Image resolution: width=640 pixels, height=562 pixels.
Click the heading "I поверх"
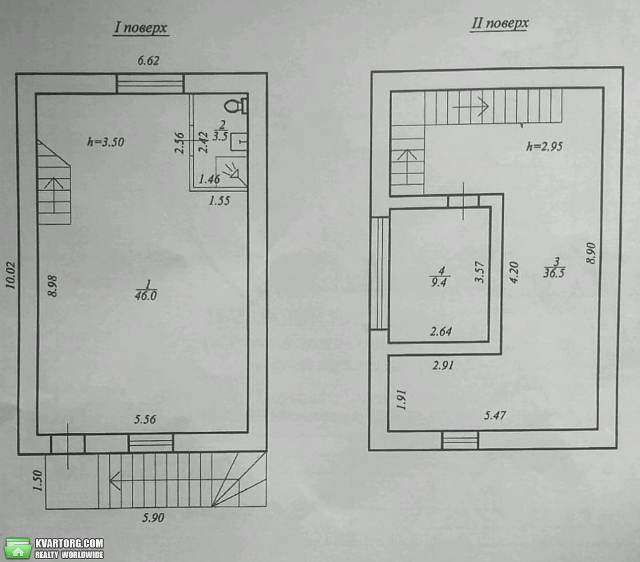(x=140, y=27)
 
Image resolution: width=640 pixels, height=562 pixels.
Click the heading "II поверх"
(x=500, y=23)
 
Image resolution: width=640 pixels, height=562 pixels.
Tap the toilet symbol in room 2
(x=236, y=105)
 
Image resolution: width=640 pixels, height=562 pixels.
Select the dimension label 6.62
(x=148, y=61)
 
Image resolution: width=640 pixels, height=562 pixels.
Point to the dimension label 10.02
(x=10, y=275)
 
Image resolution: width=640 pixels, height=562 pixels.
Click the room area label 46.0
(x=145, y=295)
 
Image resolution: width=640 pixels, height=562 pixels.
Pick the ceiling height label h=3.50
(x=106, y=142)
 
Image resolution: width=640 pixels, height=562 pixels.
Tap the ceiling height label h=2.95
(x=545, y=146)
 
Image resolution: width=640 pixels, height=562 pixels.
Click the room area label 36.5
(x=554, y=273)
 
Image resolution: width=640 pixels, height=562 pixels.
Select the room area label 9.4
(x=439, y=282)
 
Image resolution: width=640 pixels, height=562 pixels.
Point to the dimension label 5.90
(x=153, y=518)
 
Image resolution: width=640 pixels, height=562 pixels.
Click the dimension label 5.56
(x=145, y=419)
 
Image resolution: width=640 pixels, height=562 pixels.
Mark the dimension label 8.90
(x=591, y=253)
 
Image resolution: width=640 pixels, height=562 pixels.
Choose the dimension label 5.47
(x=495, y=415)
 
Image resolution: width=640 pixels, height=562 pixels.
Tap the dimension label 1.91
(x=401, y=400)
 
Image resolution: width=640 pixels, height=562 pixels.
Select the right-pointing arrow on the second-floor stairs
(x=471, y=107)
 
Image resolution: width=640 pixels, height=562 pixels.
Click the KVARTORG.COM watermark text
(x=69, y=543)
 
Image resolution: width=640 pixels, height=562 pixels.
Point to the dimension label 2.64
(x=441, y=331)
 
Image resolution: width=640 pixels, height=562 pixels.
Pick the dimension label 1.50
(x=37, y=480)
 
